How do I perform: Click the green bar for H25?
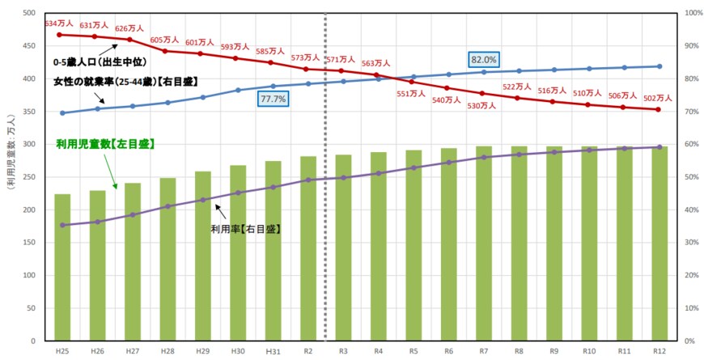pyautogui.click(x=62, y=268)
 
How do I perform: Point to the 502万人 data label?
pyautogui.click(x=658, y=98)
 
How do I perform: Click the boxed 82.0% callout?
pyautogui.click(x=484, y=59)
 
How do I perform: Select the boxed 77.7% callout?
pyautogui.click(x=274, y=99)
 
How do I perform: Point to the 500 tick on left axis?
pyautogui.click(x=29, y=14)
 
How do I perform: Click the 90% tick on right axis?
pyautogui.click(x=691, y=46)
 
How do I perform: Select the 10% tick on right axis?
pyautogui.click(x=691, y=308)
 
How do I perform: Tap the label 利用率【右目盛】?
pyautogui.click(x=245, y=229)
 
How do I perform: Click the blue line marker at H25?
pyautogui.click(x=62, y=112)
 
